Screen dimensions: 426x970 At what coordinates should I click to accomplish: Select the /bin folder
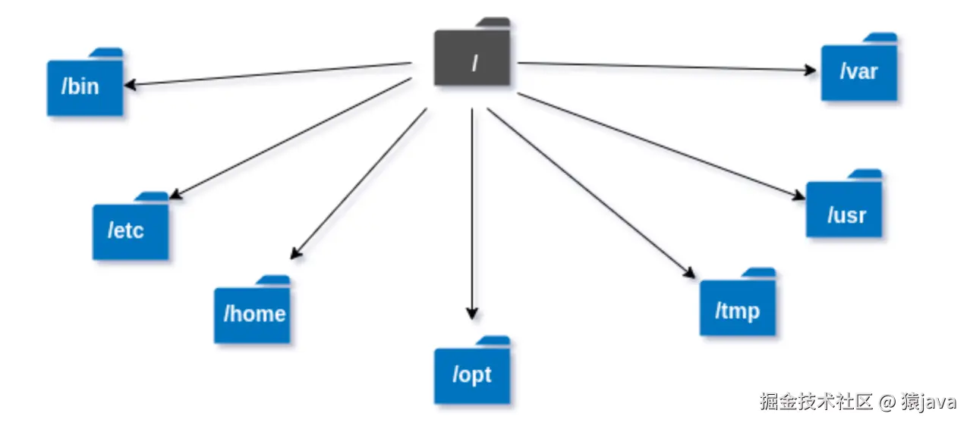coord(84,86)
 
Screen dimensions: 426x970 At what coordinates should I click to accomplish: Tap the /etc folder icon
coord(130,230)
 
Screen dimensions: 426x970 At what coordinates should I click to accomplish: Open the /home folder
coord(252,313)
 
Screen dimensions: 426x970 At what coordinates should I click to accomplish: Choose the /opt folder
coord(472,374)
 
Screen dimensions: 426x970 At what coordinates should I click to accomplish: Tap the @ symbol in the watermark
coord(889,402)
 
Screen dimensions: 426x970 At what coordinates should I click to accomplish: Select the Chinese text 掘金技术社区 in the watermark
coord(817,402)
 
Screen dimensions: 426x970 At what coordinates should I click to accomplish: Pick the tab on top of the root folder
coord(494,23)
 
